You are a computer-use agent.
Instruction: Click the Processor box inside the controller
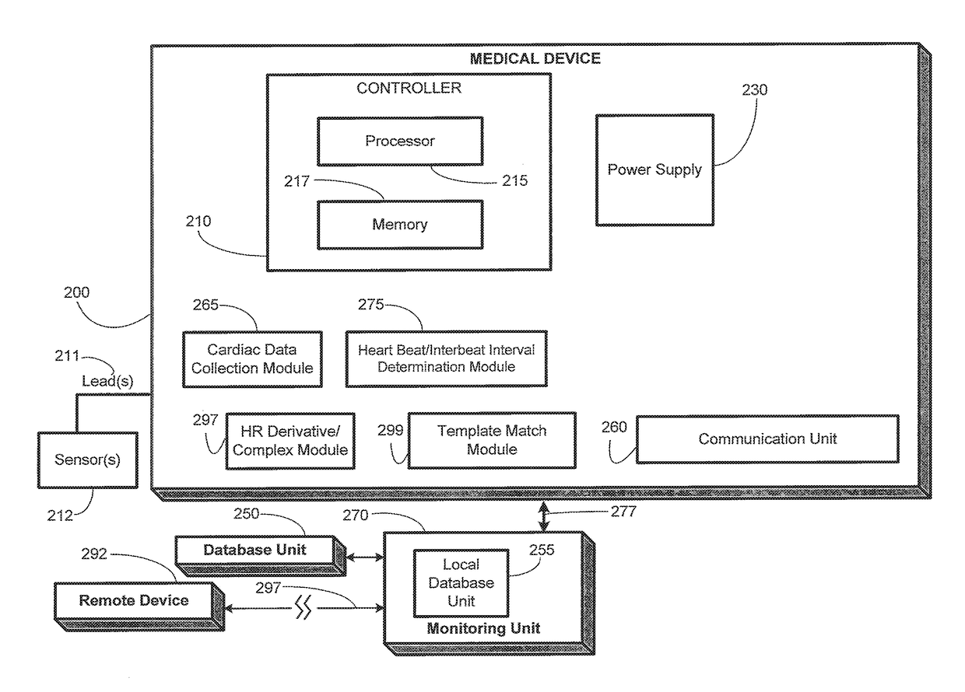click(400, 142)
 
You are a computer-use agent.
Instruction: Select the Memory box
click(400, 225)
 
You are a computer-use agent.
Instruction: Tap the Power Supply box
click(654, 170)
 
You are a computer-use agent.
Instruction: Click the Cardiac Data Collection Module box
click(252, 359)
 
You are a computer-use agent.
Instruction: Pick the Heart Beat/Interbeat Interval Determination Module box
click(447, 359)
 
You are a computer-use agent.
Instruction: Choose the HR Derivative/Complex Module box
click(290, 441)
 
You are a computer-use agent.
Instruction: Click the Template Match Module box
click(492, 440)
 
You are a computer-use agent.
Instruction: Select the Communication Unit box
click(767, 439)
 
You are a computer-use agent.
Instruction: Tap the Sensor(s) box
click(87, 460)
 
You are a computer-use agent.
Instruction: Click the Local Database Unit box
click(461, 583)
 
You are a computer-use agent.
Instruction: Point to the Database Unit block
click(260, 556)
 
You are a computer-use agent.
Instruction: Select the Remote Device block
click(139, 606)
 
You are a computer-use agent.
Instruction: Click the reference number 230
click(754, 90)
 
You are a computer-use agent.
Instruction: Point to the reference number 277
click(623, 512)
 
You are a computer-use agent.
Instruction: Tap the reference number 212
click(60, 516)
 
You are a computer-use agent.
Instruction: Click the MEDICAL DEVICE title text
click(535, 58)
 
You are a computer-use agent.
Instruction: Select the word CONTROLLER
click(409, 88)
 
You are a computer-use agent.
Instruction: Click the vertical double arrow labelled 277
click(544, 516)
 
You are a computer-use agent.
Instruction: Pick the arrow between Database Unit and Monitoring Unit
click(365, 557)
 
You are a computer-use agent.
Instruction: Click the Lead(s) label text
click(107, 381)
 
